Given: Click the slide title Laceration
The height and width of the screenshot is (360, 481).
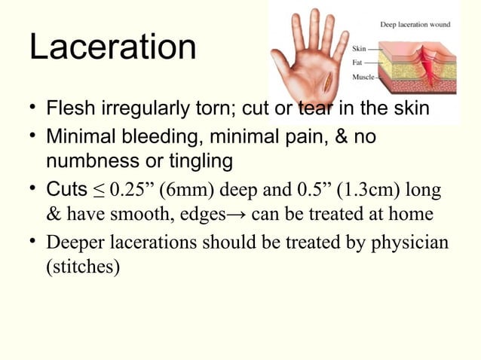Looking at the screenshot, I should tap(112, 47).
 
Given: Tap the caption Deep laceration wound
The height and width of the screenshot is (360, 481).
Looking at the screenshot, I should tap(415, 24).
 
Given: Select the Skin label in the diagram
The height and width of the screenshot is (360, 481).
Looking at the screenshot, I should tap(360, 49).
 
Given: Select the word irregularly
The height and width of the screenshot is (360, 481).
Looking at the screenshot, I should tap(135, 110).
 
